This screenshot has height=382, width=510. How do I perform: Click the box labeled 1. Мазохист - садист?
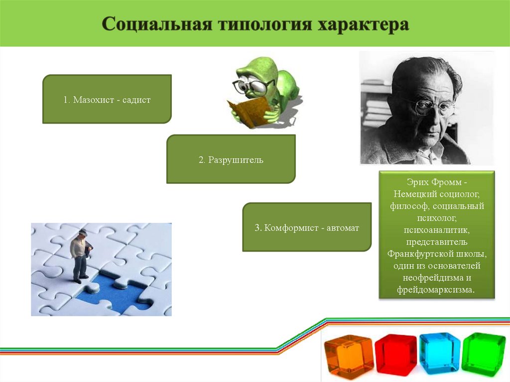click(x=107, y=100)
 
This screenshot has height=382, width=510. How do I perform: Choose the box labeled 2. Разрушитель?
click(x=231, y=160)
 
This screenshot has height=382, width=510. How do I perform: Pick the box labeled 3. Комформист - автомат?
click(x=306, y=228)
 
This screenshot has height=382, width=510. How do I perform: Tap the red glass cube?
click(x=395, y=354)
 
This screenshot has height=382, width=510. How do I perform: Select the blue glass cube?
click(x=439, y=353)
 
